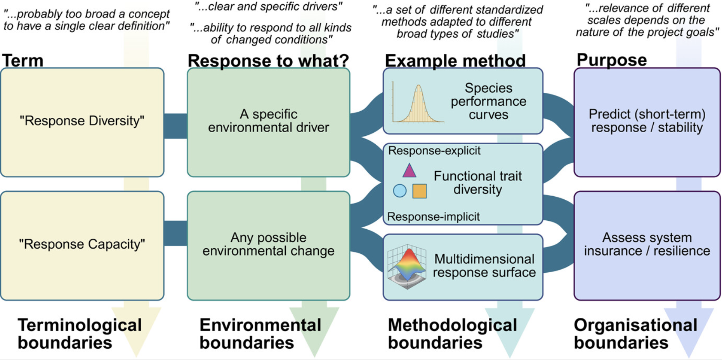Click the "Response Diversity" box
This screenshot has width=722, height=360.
(x=82, y=122)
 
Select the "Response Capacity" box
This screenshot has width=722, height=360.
(x=82, y=246)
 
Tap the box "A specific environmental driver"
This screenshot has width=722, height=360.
(x=268, y=122)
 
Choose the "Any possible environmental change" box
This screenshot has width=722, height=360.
(x=268, y=246)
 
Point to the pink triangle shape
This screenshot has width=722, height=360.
(x=409, y=171)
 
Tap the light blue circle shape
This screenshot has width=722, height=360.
(x=399, y=190)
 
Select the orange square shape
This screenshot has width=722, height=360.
(x=419, y=191)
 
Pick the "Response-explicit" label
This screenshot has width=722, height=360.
(x=434, y=151)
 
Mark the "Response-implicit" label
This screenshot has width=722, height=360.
(x=433, y=216)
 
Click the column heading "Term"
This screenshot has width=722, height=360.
(x=23, y=61)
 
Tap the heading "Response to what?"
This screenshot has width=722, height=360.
(x=268, y=61)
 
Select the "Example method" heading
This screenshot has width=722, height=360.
(x=455, y=61)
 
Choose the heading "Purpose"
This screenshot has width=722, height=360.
(x=611, y=60)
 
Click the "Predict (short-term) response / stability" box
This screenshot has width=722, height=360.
(x=647, y=122)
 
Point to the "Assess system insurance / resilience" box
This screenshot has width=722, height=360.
(x=647, y=246)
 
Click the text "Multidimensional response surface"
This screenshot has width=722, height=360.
(x=484, y=266)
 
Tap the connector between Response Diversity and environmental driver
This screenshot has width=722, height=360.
(x=175, y=126)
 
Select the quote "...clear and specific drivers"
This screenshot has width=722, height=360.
(x=268, y=7)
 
